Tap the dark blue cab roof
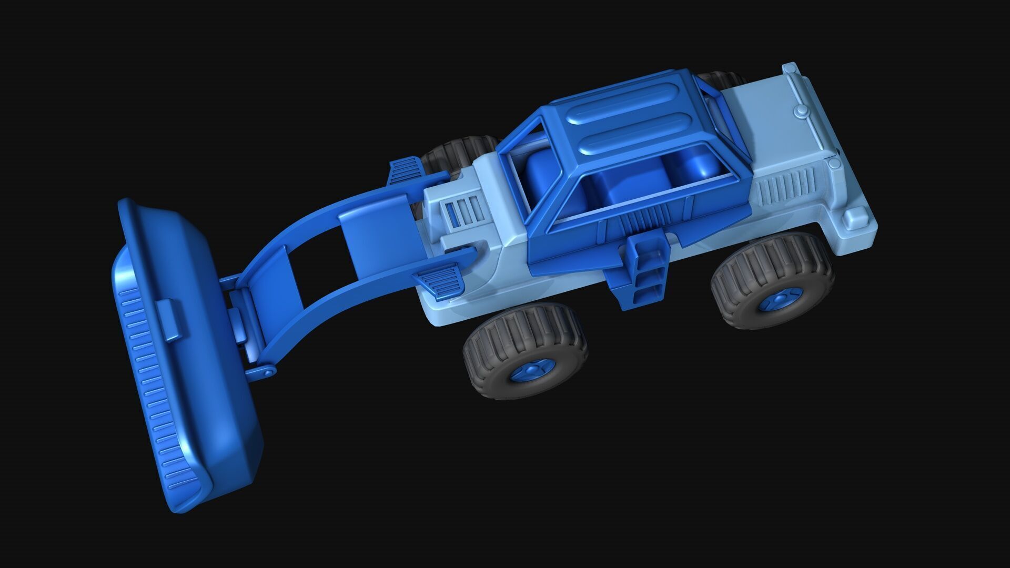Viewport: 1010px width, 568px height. [x=626, y=118]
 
